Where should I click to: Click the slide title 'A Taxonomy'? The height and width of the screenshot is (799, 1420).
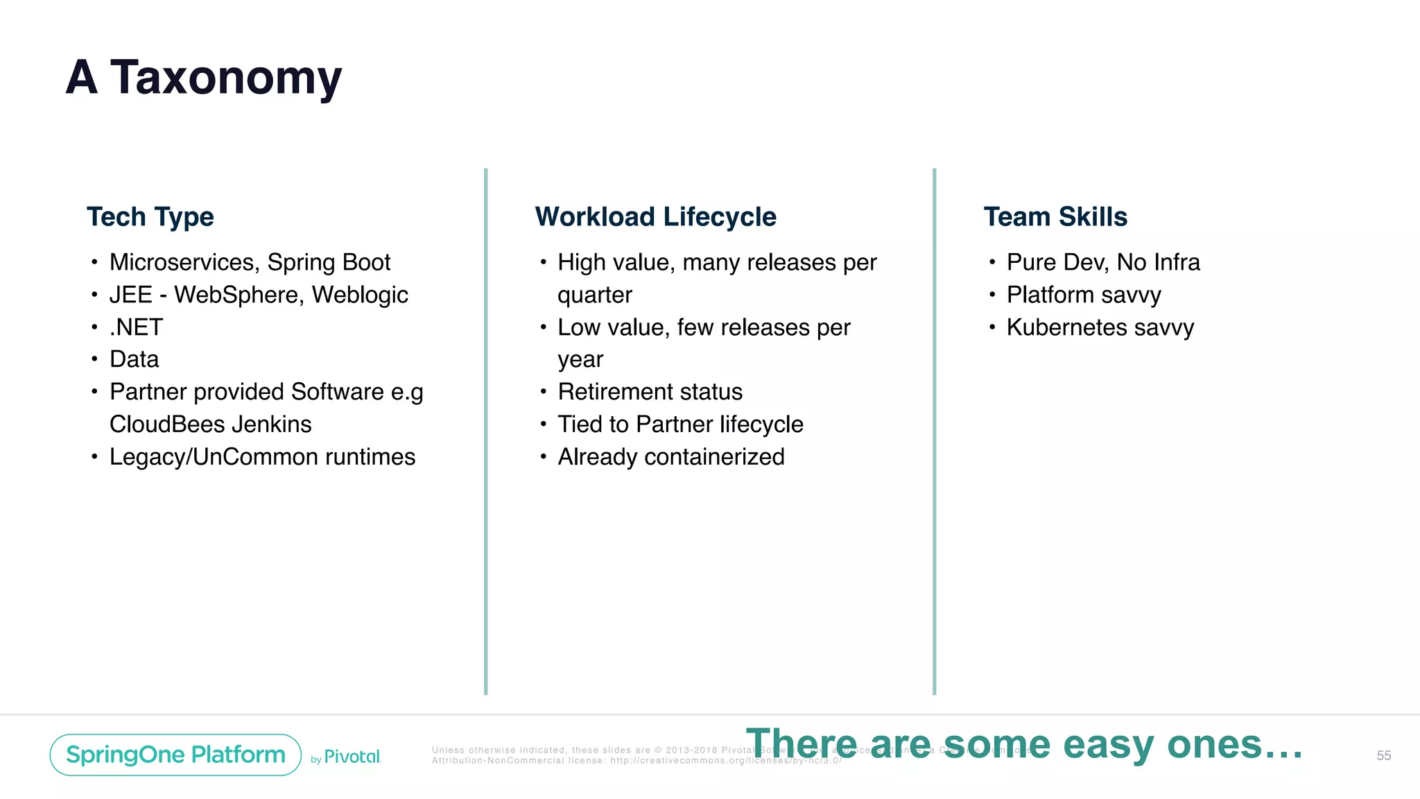pyautogui.click(x=204, y=78)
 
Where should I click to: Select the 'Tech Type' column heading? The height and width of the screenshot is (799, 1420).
pyautogui.click(x=150, y=217)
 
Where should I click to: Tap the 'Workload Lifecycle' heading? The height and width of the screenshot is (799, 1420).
pyautogui.click(x=655, y=217)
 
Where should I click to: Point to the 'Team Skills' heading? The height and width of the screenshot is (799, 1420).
pyautogui.click(x=1055, y=217)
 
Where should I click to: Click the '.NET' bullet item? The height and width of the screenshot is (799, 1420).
pyautogui.click(x=137, y=327)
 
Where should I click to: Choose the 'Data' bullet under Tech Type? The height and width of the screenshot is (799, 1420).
pyautogui.click(x=135, y=359)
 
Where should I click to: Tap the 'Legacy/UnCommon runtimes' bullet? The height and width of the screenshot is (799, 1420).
pyautogui.click(x=262, y=457)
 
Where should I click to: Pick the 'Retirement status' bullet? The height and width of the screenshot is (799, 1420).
pyautogui.click(x=650, y=392)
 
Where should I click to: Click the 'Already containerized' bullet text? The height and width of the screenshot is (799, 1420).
pyautogui.click(x=671, y=457)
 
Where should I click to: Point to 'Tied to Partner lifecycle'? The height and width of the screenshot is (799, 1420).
pyautogui.click(x=680, y=424)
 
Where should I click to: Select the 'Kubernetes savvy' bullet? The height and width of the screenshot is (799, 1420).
pyautogui.click(x=1100, y=327)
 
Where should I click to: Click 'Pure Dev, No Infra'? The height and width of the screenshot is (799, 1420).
pyautogui.click(x=1103, y=262)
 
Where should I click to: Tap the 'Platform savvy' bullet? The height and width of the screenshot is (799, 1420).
pyautogui.click(x=1084, y=295)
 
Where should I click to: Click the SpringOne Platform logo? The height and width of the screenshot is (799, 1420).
pyautogui.click(x=175, y=755)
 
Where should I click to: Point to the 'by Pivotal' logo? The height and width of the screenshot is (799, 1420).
pyautogui.click(x=346, y=757)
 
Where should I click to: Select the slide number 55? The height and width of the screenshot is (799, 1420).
pyautogui.click(x=1383, y=755)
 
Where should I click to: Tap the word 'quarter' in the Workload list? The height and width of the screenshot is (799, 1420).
pyautogui.click(x=595, y=295)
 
